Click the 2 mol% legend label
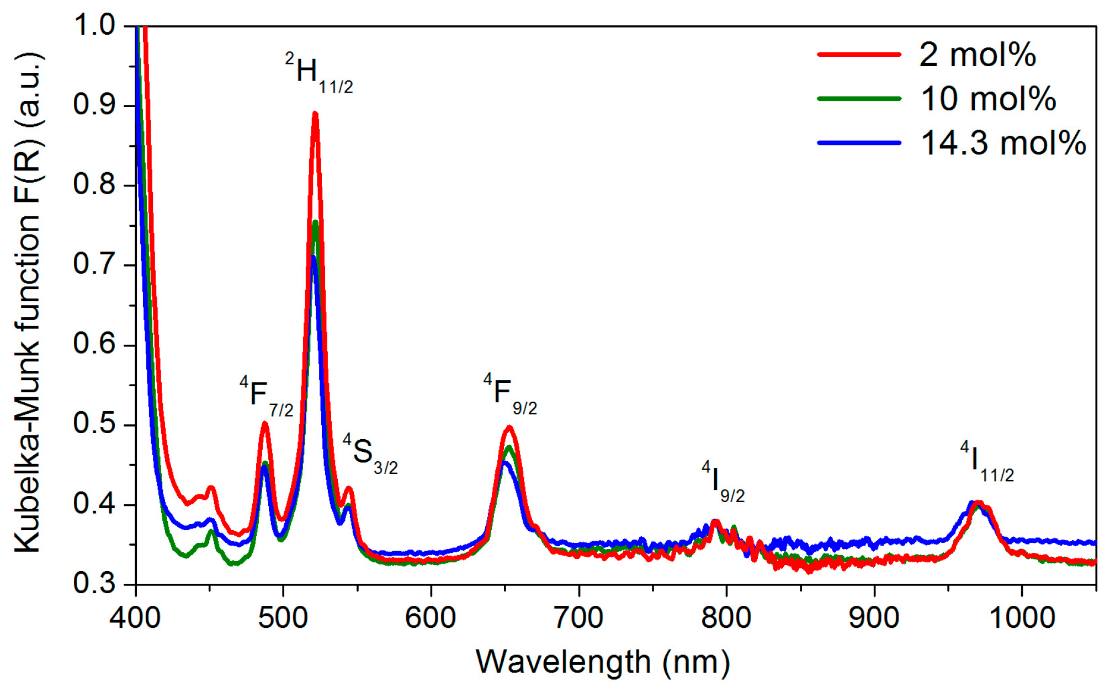[x=977, y=55]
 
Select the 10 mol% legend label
[x=988, y=99]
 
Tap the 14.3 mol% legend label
[x=1003, y=143]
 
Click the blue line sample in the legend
[x=859, y=143]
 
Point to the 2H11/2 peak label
[x=319, y=73]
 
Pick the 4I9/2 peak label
[x=723, y=482]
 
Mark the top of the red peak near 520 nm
[x=315, y=114]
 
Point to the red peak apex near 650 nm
[x=509, y=427]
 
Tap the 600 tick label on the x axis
[x=431, y=617]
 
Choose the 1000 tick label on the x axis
[x=1022, y=617]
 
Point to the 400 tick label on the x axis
[x=135, y=617]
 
